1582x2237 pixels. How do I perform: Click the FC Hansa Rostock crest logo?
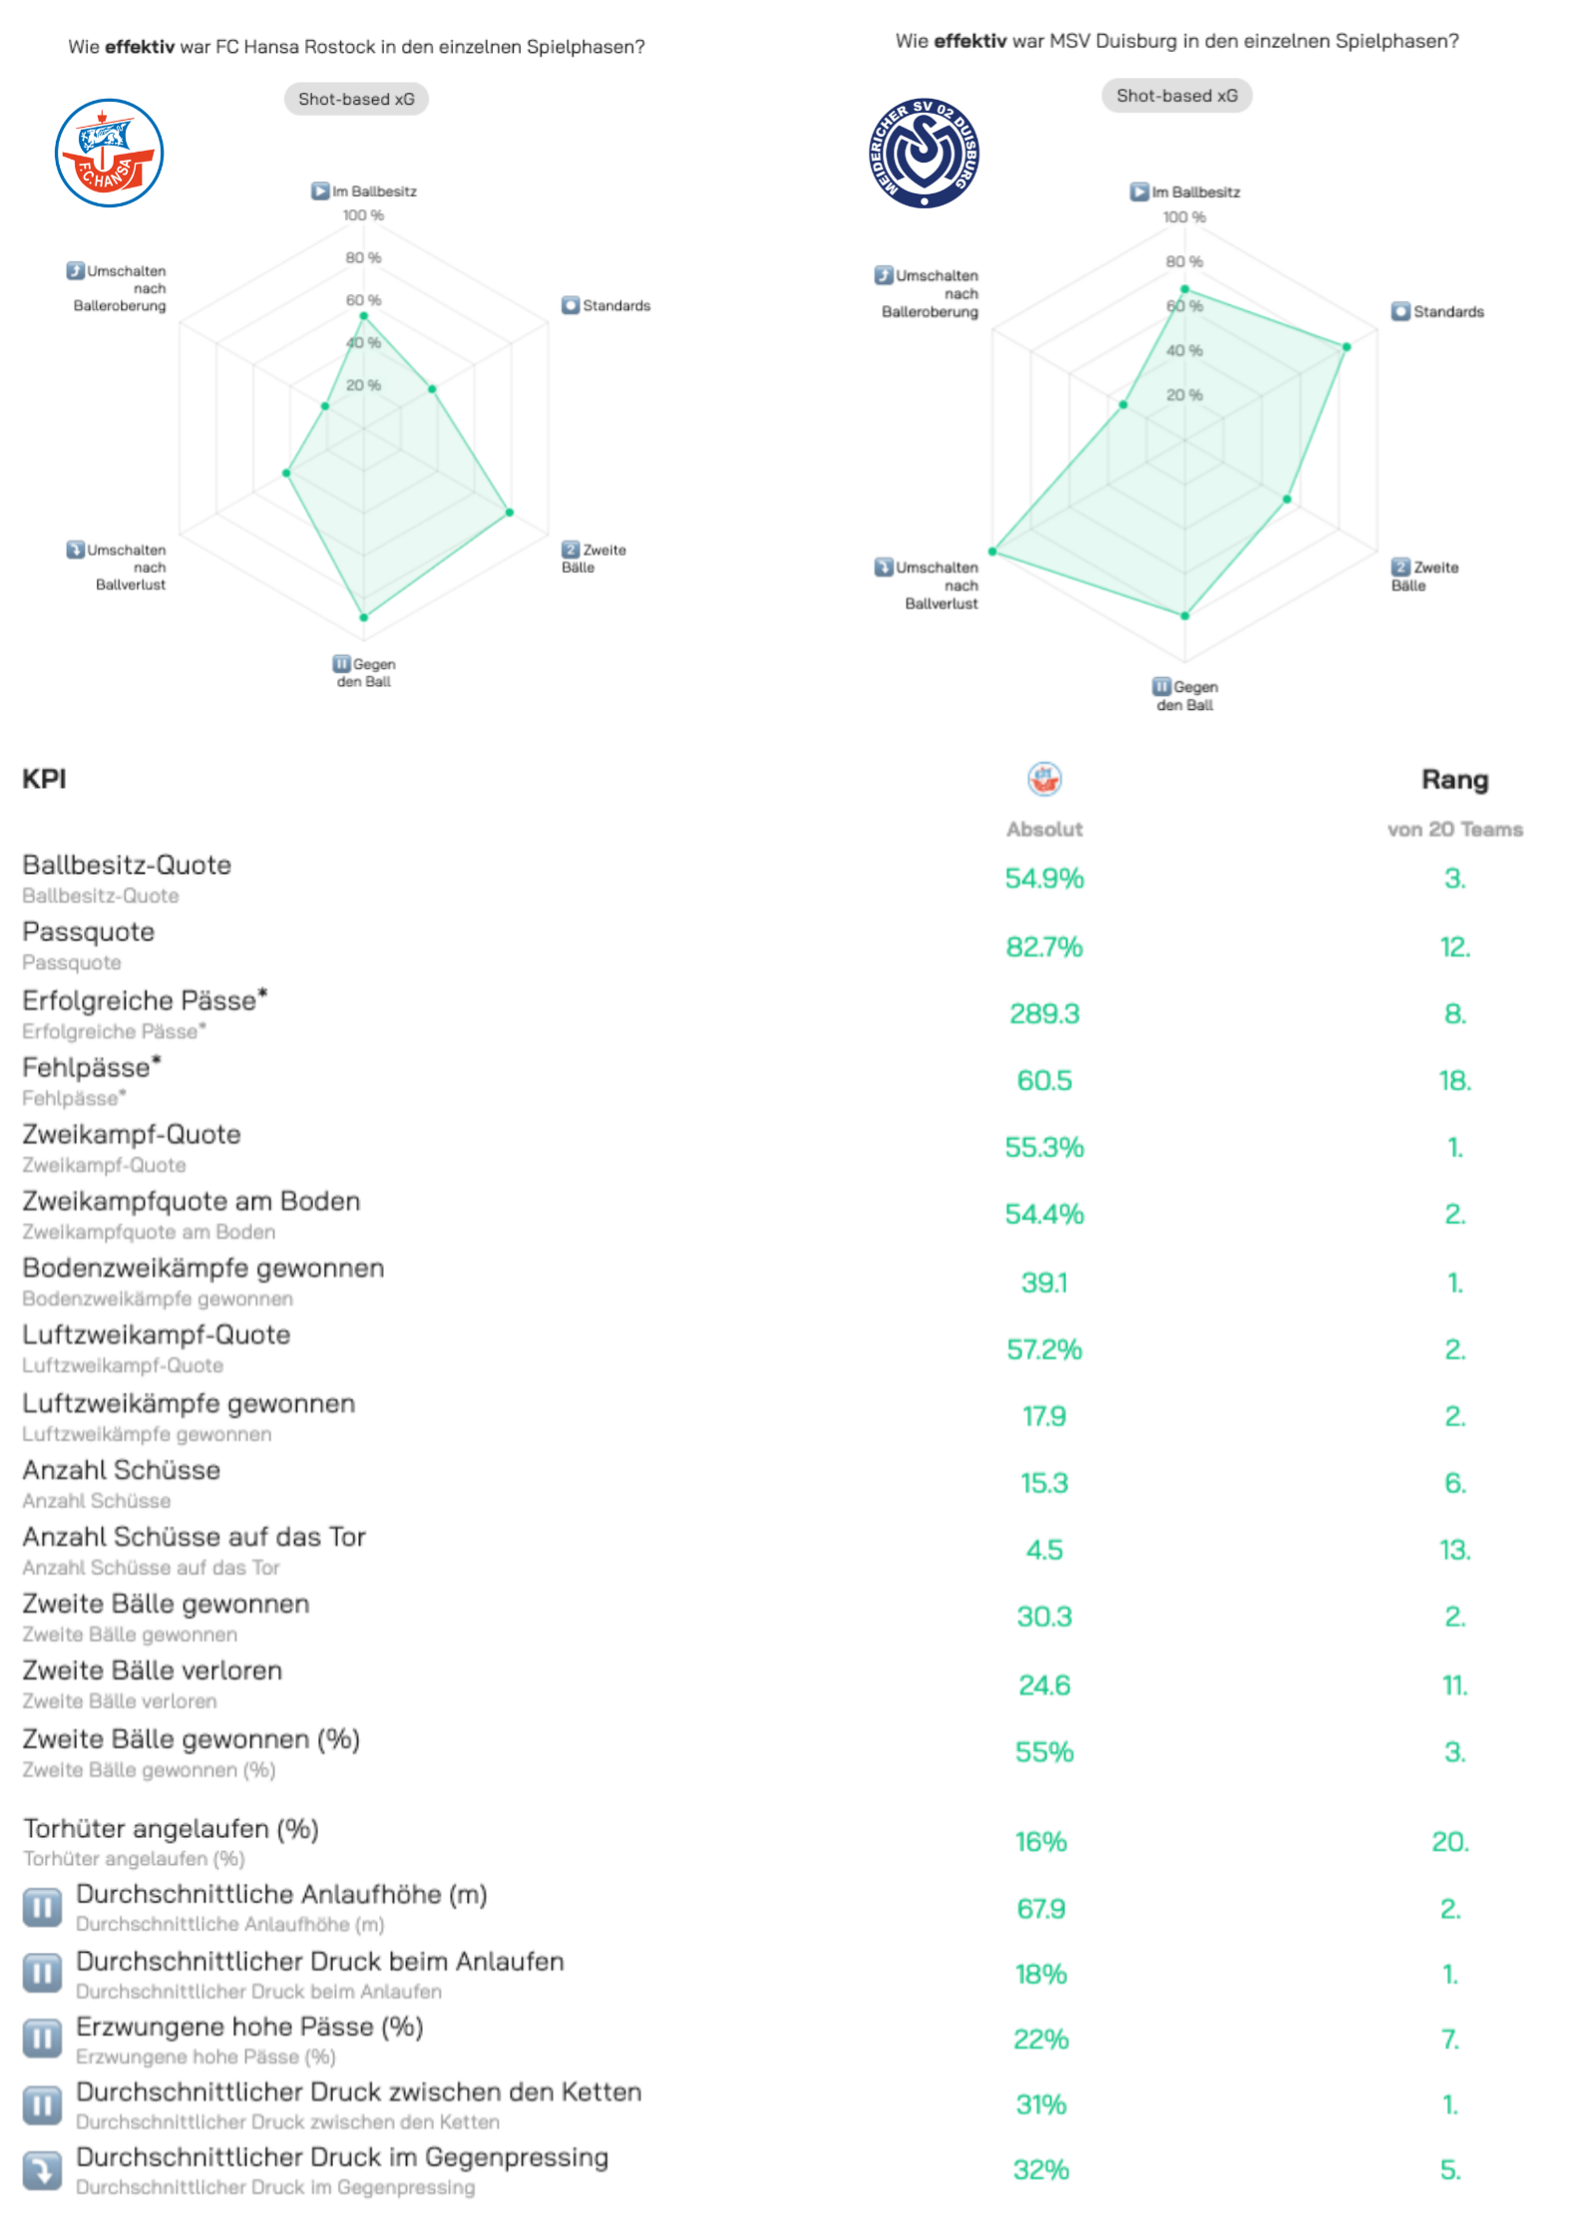(109, 153)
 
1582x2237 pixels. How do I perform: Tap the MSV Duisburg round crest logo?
(924, 153)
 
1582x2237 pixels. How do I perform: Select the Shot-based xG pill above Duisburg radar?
(1176, 96)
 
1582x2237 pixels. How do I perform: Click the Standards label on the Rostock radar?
(615, 305)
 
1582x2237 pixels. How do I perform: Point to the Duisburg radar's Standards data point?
(1347, 347)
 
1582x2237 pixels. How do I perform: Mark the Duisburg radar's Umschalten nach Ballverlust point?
(992, 552)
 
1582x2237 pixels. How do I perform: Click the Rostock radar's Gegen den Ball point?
(364, 617)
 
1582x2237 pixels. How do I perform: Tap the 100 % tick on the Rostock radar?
(363, 215)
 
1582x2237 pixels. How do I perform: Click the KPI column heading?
(44, 779)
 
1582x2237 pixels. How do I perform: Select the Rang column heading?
(1454, 780)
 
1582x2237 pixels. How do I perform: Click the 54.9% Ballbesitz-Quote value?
(1043, 879)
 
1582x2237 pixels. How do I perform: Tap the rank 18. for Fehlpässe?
(1454, 1080)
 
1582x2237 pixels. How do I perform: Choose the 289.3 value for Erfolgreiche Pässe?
(1043, 1013)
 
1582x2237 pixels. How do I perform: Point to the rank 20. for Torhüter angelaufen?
(1450, 1841)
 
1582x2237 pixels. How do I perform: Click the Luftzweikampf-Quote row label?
(157, 1335)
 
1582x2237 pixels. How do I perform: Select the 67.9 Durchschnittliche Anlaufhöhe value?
(1041, 1908)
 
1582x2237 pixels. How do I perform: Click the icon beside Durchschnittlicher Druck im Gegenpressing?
(42, 2170)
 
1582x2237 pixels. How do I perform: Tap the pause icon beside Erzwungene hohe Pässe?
(42, 2040)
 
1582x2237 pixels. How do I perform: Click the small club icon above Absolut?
(1044, 779)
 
